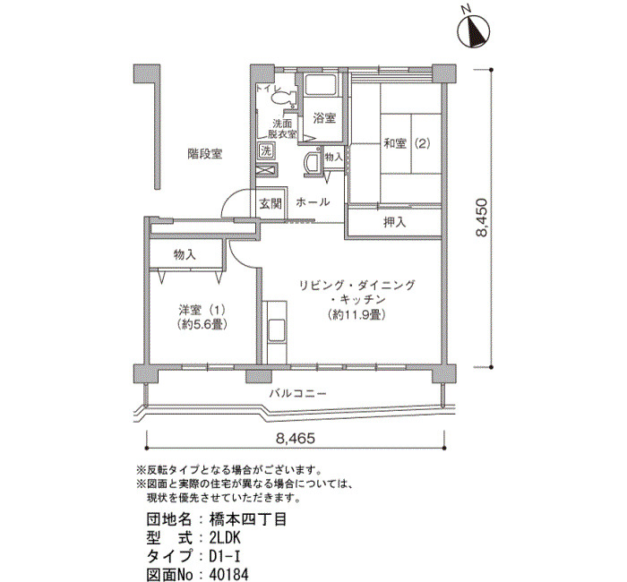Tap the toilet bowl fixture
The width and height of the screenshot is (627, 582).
click(284, 97)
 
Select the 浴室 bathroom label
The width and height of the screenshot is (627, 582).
click(324, 118)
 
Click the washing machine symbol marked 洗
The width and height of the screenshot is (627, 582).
click(266, 151)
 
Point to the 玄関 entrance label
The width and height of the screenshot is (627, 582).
click(271, 203)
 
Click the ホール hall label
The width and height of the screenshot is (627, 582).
click(313, 202)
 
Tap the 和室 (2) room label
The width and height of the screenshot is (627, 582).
click(407, 143)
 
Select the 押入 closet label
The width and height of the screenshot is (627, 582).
click(395, 222)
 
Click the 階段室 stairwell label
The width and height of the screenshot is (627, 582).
click(205, 154)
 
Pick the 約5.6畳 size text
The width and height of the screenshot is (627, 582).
click(202, 324)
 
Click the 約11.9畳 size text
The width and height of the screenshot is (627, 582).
click(356, 315)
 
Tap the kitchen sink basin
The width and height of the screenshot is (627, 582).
click(276, 330)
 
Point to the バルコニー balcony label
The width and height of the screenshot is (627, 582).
click(297, 394)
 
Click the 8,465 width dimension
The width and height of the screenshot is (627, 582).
click(296, 439)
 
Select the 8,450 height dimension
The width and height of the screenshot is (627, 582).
click(482, 218)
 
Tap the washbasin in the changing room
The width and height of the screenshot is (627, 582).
click(313, 161)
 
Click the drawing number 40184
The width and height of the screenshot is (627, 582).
click(228, 575)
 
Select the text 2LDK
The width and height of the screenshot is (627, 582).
click(225, 538)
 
